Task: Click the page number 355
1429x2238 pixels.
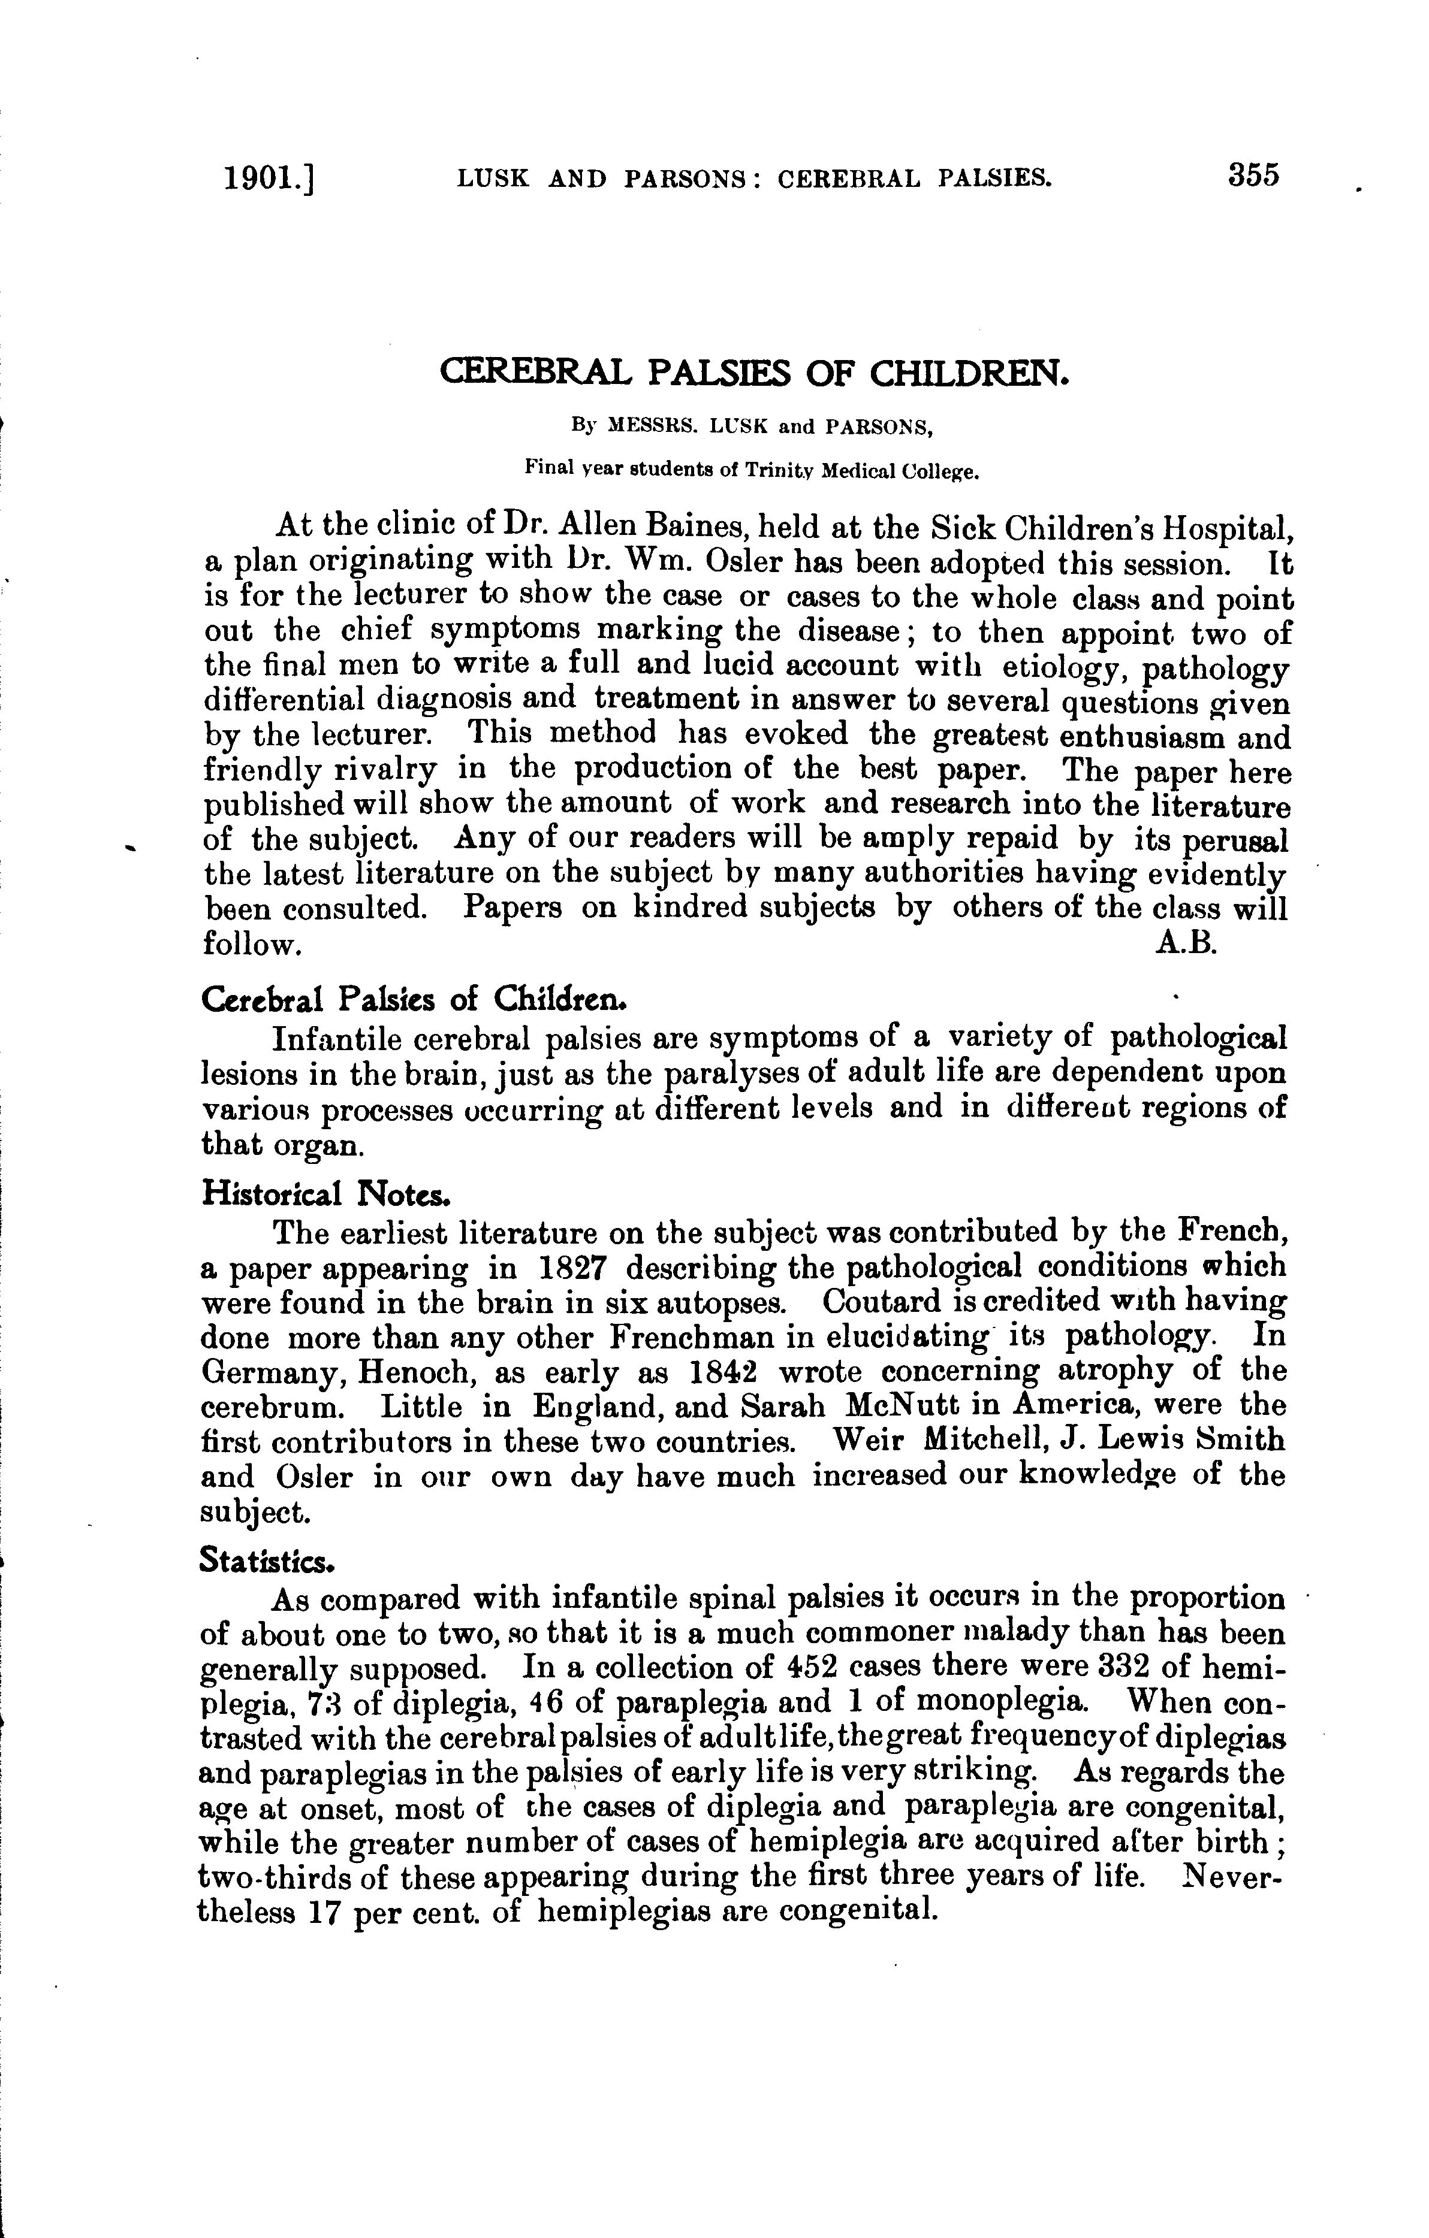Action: coord(1253,175)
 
